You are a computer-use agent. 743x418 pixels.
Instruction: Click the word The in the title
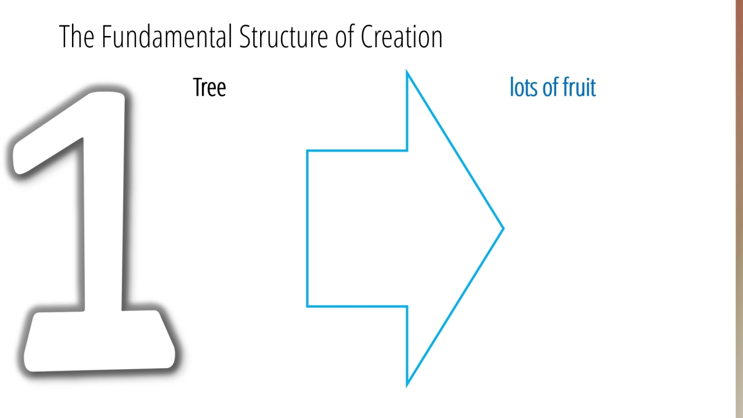77,37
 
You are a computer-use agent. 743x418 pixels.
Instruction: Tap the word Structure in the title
284,37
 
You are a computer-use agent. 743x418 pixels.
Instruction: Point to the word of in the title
345,36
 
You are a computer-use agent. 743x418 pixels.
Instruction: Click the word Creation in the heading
402,37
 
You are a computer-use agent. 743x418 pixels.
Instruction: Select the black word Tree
210,87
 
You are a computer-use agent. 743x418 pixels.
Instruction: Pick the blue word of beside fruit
552,87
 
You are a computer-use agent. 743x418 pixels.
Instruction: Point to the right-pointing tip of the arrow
503,228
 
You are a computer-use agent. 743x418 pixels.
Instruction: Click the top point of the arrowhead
407,71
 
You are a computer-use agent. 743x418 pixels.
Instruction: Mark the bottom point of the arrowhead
407,385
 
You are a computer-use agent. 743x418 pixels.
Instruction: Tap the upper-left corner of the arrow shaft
307,151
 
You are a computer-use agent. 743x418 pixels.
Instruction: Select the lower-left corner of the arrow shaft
307,306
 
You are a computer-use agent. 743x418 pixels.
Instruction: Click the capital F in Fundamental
106,37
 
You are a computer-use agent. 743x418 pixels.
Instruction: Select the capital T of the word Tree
198,88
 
